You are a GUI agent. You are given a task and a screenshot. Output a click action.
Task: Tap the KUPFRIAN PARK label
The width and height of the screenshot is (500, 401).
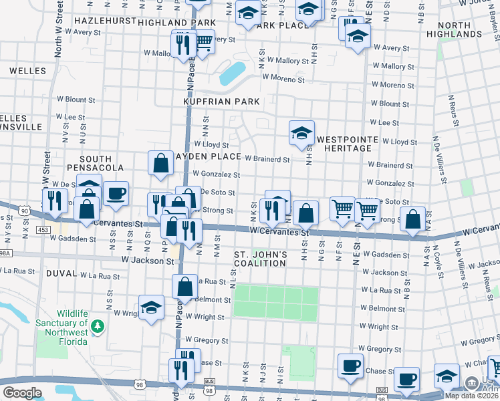(x=221, y=101)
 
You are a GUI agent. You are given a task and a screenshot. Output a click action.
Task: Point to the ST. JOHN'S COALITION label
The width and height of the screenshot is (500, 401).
(x=260, y=259)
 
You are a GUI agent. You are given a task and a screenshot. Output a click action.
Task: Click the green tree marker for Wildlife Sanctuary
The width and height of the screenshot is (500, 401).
(x=98, y=326)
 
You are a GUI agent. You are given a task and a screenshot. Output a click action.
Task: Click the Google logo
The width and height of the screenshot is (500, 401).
(x=22, y=393)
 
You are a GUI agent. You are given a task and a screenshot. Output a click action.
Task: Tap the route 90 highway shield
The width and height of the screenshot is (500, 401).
(x=25, y=211)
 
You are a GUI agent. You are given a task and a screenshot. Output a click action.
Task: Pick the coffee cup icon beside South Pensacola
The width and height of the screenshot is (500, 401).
(x=116, y=193)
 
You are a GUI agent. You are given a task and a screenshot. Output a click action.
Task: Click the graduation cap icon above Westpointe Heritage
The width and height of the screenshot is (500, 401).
(x=301, y=132)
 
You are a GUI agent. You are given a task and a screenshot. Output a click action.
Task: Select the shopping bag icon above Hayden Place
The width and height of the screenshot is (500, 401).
(x=161, y=163)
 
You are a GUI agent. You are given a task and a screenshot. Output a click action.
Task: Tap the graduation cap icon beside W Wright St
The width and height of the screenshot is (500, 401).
(x=152, y=307)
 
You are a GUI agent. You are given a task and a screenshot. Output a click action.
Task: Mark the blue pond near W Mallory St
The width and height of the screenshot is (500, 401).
(x=231, y=74)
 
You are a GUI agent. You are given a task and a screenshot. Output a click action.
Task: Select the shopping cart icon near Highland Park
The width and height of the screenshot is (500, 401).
(x=203, y=42)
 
